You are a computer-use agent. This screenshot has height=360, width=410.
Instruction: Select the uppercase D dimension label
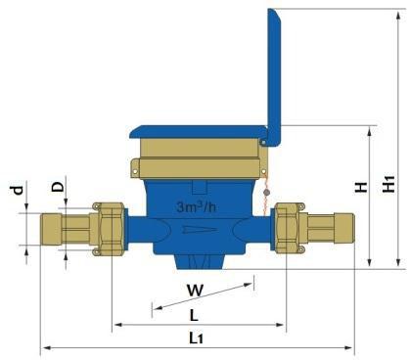pos(58,186)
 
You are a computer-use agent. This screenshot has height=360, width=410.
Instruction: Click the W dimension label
pos(195,291)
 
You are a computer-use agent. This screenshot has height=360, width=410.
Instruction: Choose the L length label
pos(194,315)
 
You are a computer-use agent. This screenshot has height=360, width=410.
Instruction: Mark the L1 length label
pos(196,338)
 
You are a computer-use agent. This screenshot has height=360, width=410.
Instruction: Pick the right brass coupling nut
pos(291,229)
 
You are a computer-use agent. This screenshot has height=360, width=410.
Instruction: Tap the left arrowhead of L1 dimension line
pos(44,347)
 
